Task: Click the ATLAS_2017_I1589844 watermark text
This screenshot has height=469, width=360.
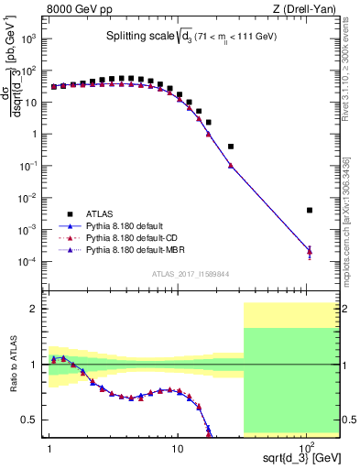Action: [x=191, y=272]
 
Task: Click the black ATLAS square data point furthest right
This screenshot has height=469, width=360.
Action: [x=310, y=210]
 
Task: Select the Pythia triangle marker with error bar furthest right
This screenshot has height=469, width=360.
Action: [x=310, y=251]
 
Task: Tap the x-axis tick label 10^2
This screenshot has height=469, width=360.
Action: [x=308, y=445]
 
